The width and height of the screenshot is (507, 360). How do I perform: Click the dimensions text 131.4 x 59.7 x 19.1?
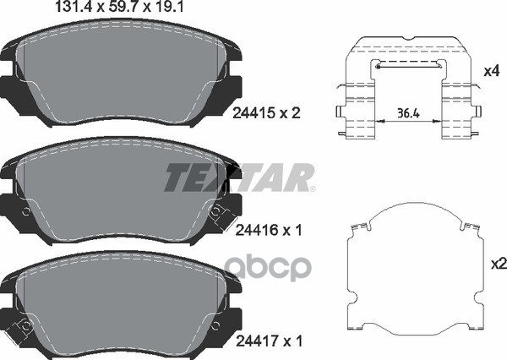click(x=119, y=7)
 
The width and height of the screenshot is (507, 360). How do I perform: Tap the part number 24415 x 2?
click(x=266, y=113)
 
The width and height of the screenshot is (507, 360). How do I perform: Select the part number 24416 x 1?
click(x=269, y=231)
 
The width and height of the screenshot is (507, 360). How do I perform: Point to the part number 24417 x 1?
click(x=269, y=341)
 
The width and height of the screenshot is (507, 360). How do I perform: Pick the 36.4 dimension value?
click(x=408, y=113)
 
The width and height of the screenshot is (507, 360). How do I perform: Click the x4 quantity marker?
click(x=492, y=71)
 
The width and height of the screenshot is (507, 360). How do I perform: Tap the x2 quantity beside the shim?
click(x=499, y=264)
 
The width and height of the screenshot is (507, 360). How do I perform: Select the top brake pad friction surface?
click(x=121, y=77)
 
